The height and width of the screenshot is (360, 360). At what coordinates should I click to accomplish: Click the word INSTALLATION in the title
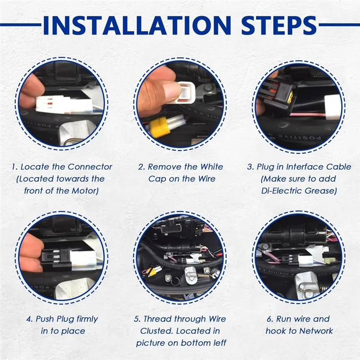[137, 25]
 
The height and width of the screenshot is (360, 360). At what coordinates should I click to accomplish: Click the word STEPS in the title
[279, 25]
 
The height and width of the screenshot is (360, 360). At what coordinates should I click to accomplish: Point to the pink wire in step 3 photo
[308, 115]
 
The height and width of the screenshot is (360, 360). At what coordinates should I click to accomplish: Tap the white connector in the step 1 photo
[64, 105]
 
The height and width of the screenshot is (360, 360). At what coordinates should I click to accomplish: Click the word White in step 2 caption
[211, 167]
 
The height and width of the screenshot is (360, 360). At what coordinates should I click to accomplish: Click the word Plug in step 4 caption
[65, 319]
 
